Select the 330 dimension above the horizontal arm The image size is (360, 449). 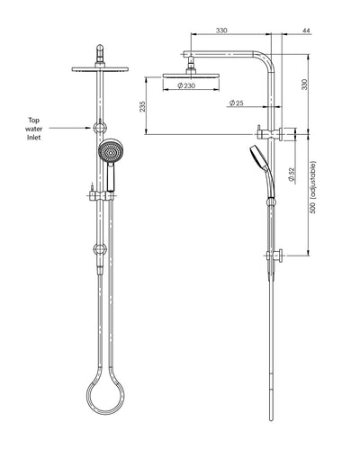tap(220, 31)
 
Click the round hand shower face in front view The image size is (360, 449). tap(110, 152)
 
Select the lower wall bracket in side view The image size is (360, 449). tap(278, 255)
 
